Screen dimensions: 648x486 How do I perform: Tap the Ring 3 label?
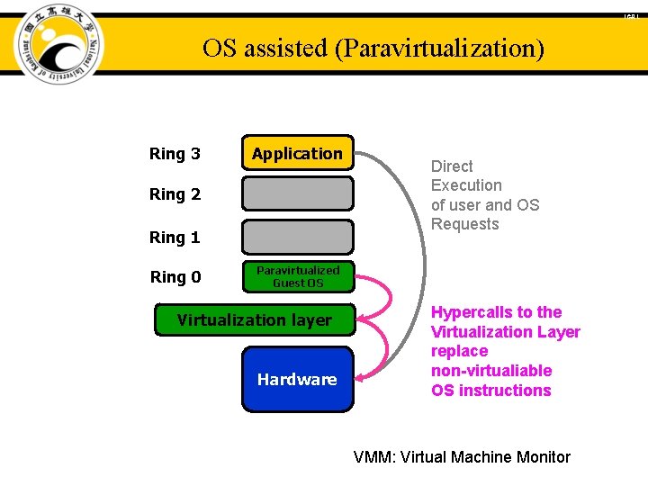pos(175,154)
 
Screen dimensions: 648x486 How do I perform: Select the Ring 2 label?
pos(175,194)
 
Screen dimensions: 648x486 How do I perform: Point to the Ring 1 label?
pos(175,238)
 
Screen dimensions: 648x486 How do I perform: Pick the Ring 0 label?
pos(175,277)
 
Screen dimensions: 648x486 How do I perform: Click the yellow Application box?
pos(297,154)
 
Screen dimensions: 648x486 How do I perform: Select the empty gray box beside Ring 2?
pos(297,193)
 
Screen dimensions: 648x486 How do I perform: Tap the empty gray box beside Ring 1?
pos(297,237)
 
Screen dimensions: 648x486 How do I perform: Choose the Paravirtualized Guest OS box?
pos(297,276)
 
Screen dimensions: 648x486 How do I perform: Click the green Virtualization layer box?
pos(255,320)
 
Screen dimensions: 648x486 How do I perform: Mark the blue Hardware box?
pos(297,379)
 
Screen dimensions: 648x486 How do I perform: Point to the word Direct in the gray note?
pos(452,166)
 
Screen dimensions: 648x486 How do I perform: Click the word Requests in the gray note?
pos(464,224)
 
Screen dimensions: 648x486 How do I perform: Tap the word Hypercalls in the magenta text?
pos(469,312)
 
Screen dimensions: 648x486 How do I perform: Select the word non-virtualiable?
pos(491,371)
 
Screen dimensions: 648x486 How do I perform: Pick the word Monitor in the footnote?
pos(543,457)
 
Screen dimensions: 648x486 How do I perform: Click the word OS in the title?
pos(220,48)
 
